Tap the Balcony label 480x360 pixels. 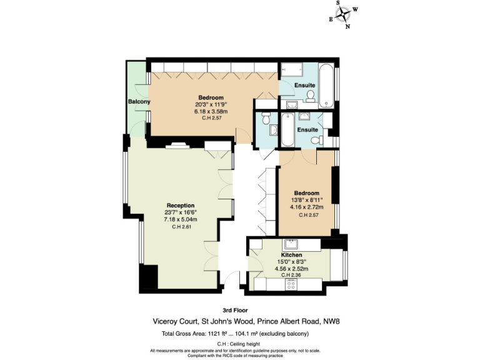click(139, 102)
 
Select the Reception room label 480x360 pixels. click(180, 206)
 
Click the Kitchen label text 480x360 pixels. click(291, 256)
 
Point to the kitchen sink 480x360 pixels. click(291, 244)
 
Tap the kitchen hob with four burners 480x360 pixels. click(291, 284)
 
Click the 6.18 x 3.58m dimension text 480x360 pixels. click(211, 111)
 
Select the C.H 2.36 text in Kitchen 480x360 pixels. click(291, 275)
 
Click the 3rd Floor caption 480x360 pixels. click(235, 311)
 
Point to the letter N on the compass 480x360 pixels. click(347, 27)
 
